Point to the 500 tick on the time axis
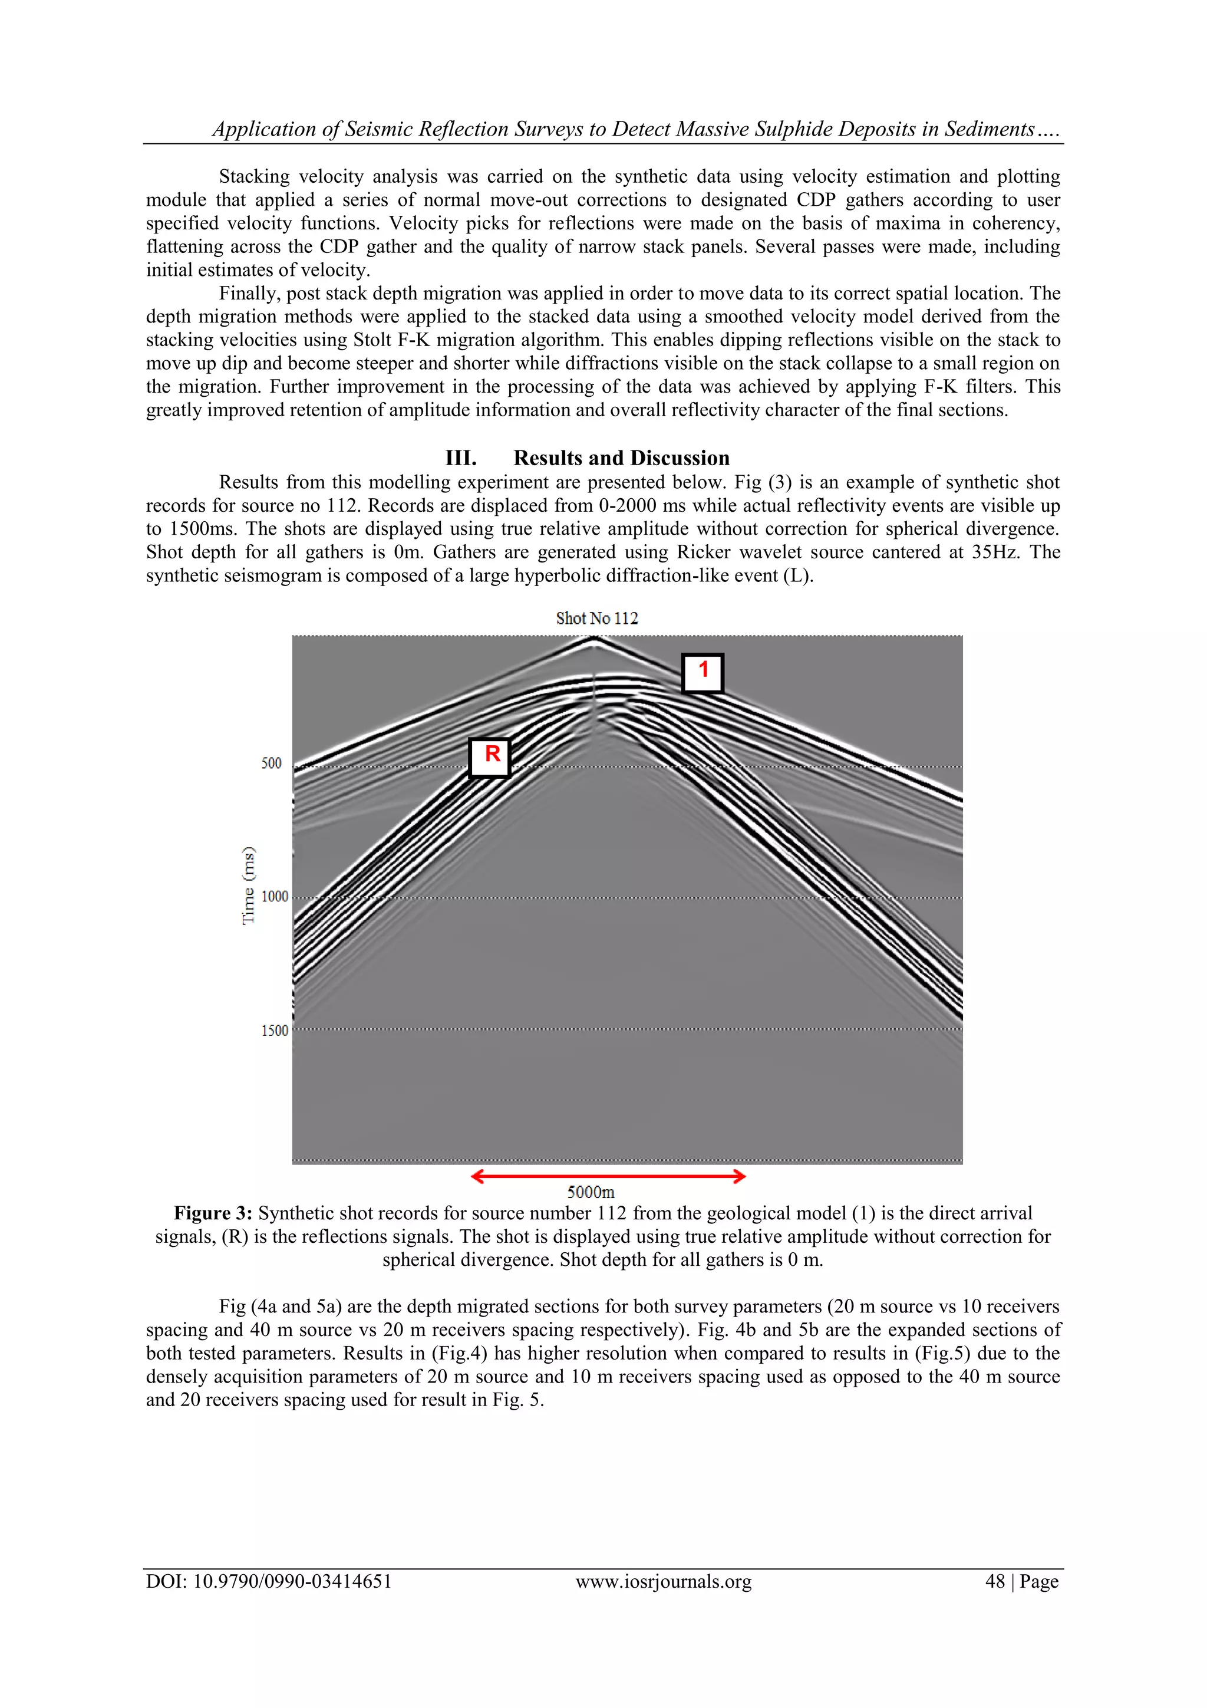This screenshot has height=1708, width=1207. point(272,764)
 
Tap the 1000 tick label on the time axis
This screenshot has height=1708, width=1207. point(275,896)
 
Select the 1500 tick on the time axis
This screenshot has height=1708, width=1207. point(275,1031)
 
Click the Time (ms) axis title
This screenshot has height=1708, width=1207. point(248,885)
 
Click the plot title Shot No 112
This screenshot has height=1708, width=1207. point(596,618)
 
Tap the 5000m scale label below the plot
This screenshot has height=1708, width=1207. point(591,1192)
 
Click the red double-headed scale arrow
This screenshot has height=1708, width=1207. point(608,1176)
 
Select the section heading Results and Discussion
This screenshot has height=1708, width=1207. point(621,458)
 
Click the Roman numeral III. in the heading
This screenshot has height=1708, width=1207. point(460,458)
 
